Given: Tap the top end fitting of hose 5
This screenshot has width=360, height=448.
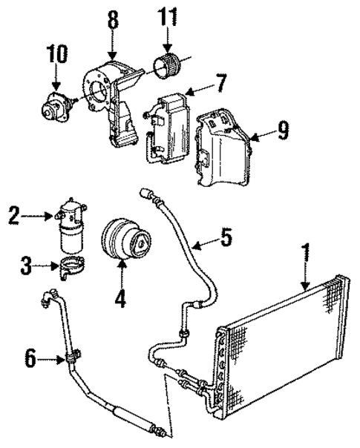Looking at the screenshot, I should (x=146, y=194).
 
